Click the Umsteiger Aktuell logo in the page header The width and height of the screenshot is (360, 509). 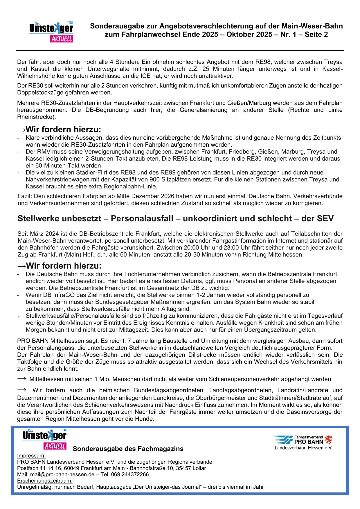point(51,32)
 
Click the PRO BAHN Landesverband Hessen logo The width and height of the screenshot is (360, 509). point(303,442)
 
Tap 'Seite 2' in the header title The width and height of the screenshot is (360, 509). point(316,35)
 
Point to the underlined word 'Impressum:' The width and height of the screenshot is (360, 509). point(31,456)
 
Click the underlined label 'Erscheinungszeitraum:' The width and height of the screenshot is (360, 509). point(45,481)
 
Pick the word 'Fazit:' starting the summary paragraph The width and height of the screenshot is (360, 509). point(25,196)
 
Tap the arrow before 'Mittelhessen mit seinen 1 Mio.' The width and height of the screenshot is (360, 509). point(22,379)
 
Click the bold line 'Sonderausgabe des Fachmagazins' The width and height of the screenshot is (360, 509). point(128,449)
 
